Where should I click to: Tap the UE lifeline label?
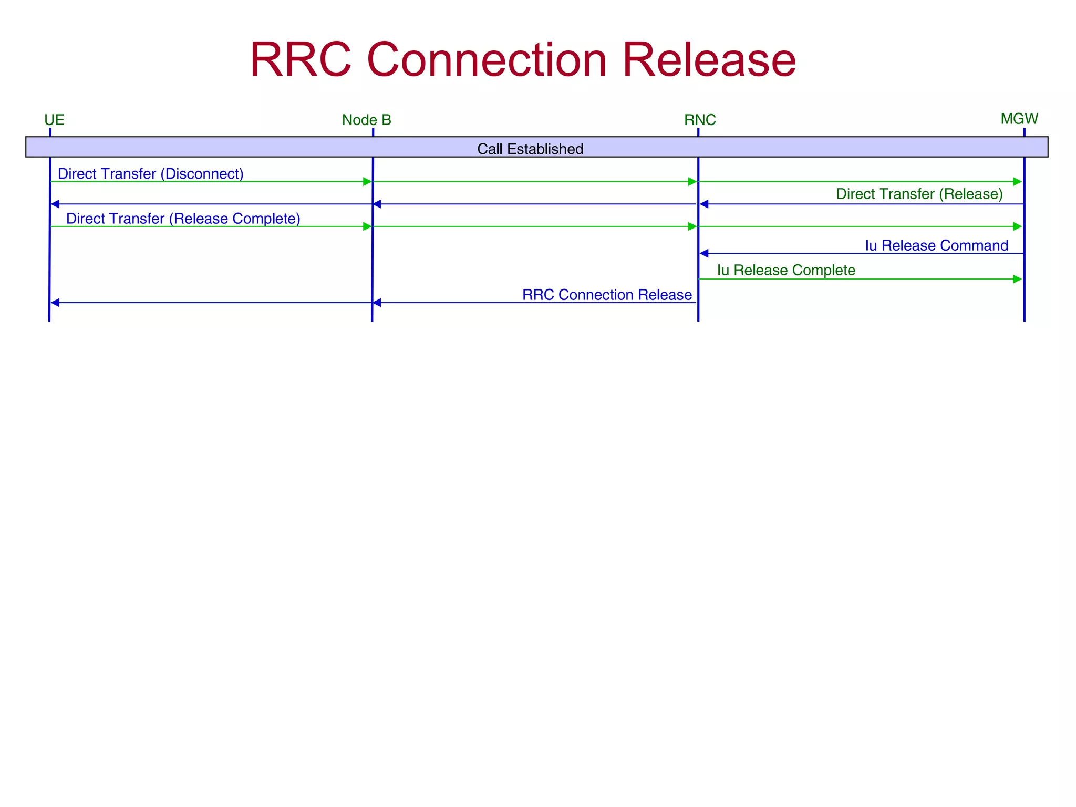(x=54, y=120)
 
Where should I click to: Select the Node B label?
(x=366, y=120)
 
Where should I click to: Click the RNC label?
(x=699, y=120)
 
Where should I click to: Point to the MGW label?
(x=1019, y=119)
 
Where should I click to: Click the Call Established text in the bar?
(x=530, y=149)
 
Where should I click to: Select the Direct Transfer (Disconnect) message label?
(x=150, y=174)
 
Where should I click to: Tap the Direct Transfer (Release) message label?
(x=919, y=194)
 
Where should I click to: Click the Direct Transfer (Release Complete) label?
(x=183, y=219)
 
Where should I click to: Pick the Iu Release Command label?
(x=936, y=246)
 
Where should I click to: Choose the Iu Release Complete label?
(x=786, y=271)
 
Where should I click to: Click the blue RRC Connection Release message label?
(x=606, y=295)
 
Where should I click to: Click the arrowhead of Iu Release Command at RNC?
(x=704, y=254)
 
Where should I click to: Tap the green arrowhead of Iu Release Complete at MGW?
(x=1017, y=280)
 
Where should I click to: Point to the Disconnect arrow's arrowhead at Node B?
(x=367, y=182)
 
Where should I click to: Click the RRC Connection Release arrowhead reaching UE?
(x=55, y=303)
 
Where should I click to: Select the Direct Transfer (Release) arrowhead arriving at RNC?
(x=704, y=204)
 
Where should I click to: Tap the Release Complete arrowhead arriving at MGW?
(x=1017, y=227)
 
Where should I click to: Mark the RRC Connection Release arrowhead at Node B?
(x=377, y=303)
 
